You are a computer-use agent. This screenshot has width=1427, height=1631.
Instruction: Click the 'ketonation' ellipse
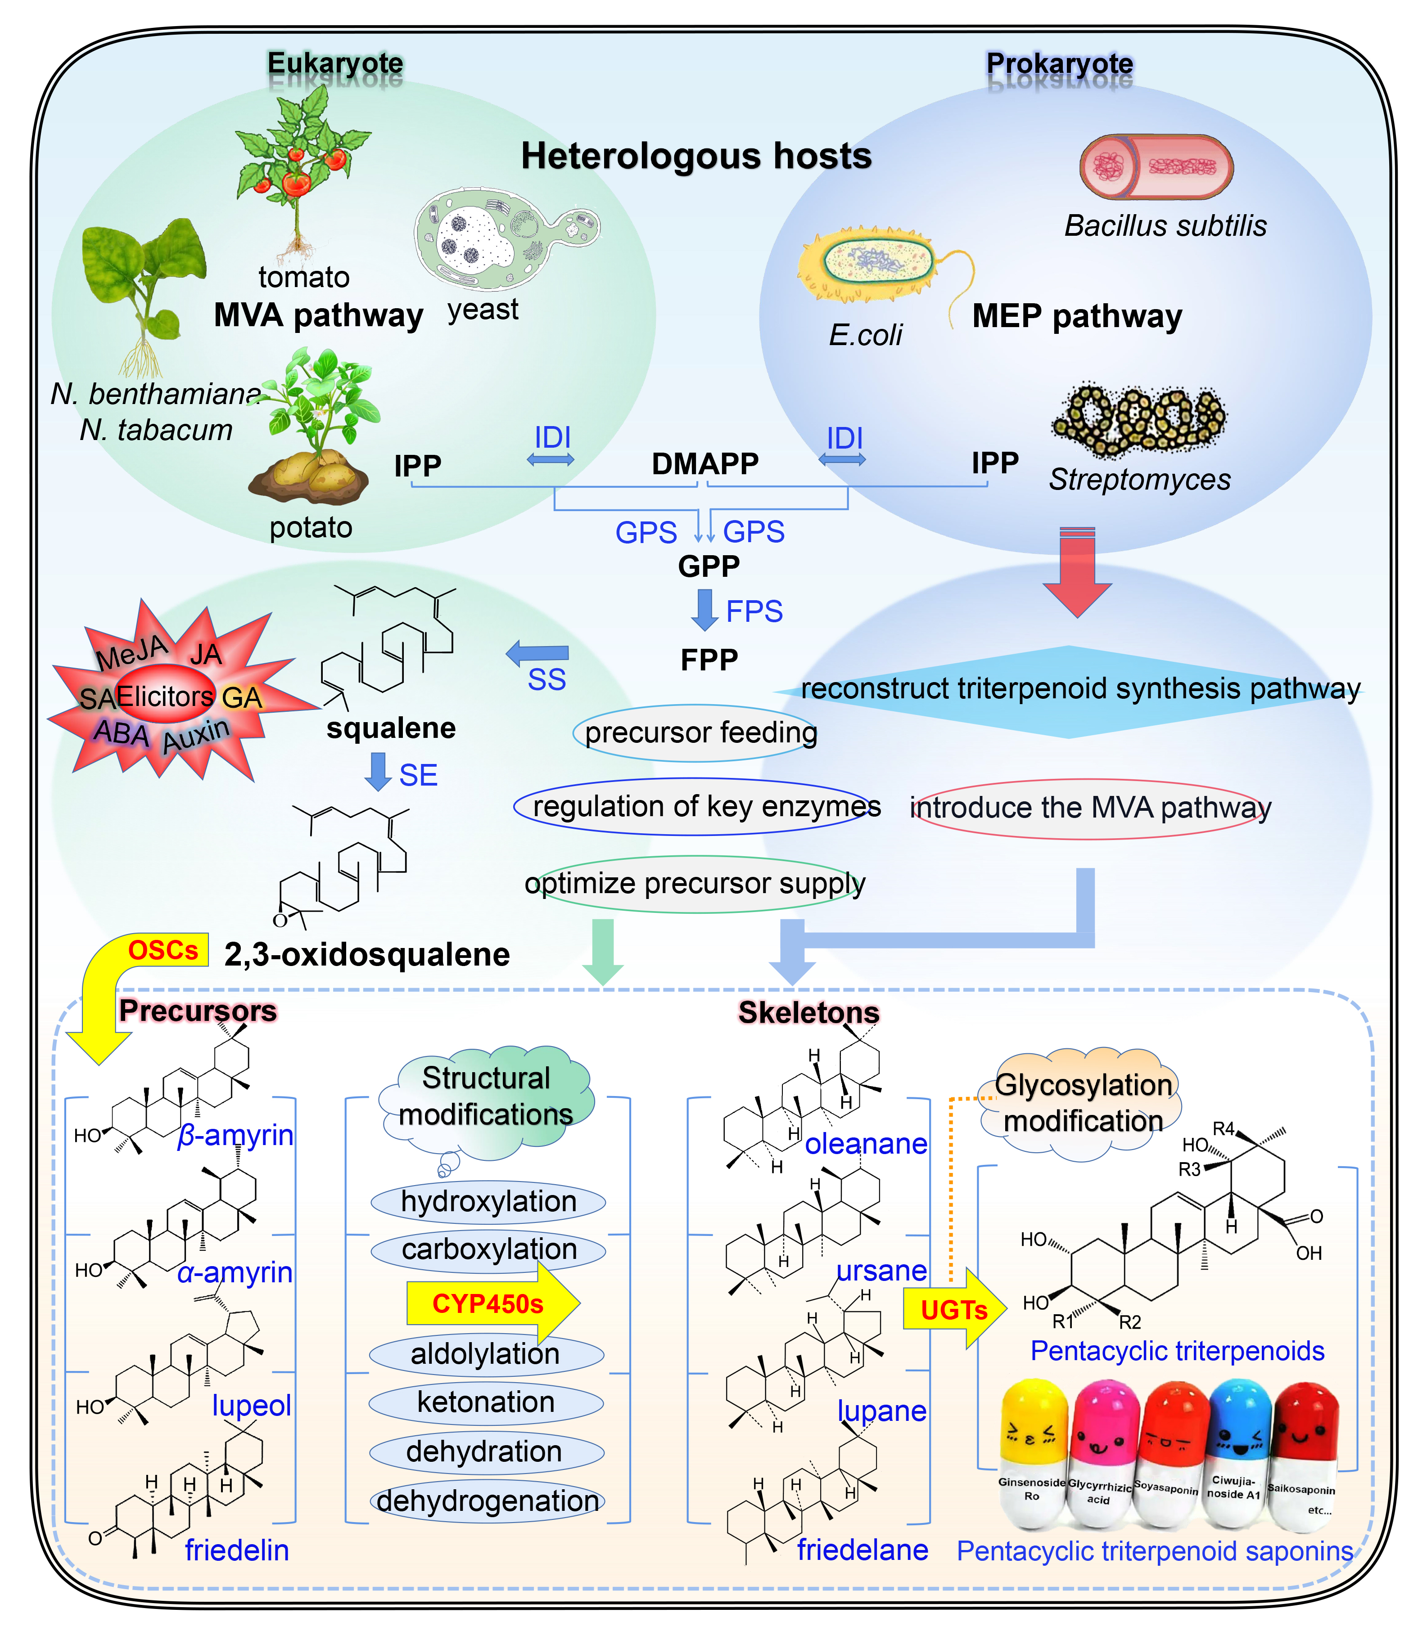pyautogui.click(x=486, y=1402)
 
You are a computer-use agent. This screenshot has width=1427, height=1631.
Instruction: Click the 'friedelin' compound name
pyautogui.click(x=236, y=1550)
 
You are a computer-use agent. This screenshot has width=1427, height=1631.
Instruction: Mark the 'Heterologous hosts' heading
pyautogui.click(x=696, y=156)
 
